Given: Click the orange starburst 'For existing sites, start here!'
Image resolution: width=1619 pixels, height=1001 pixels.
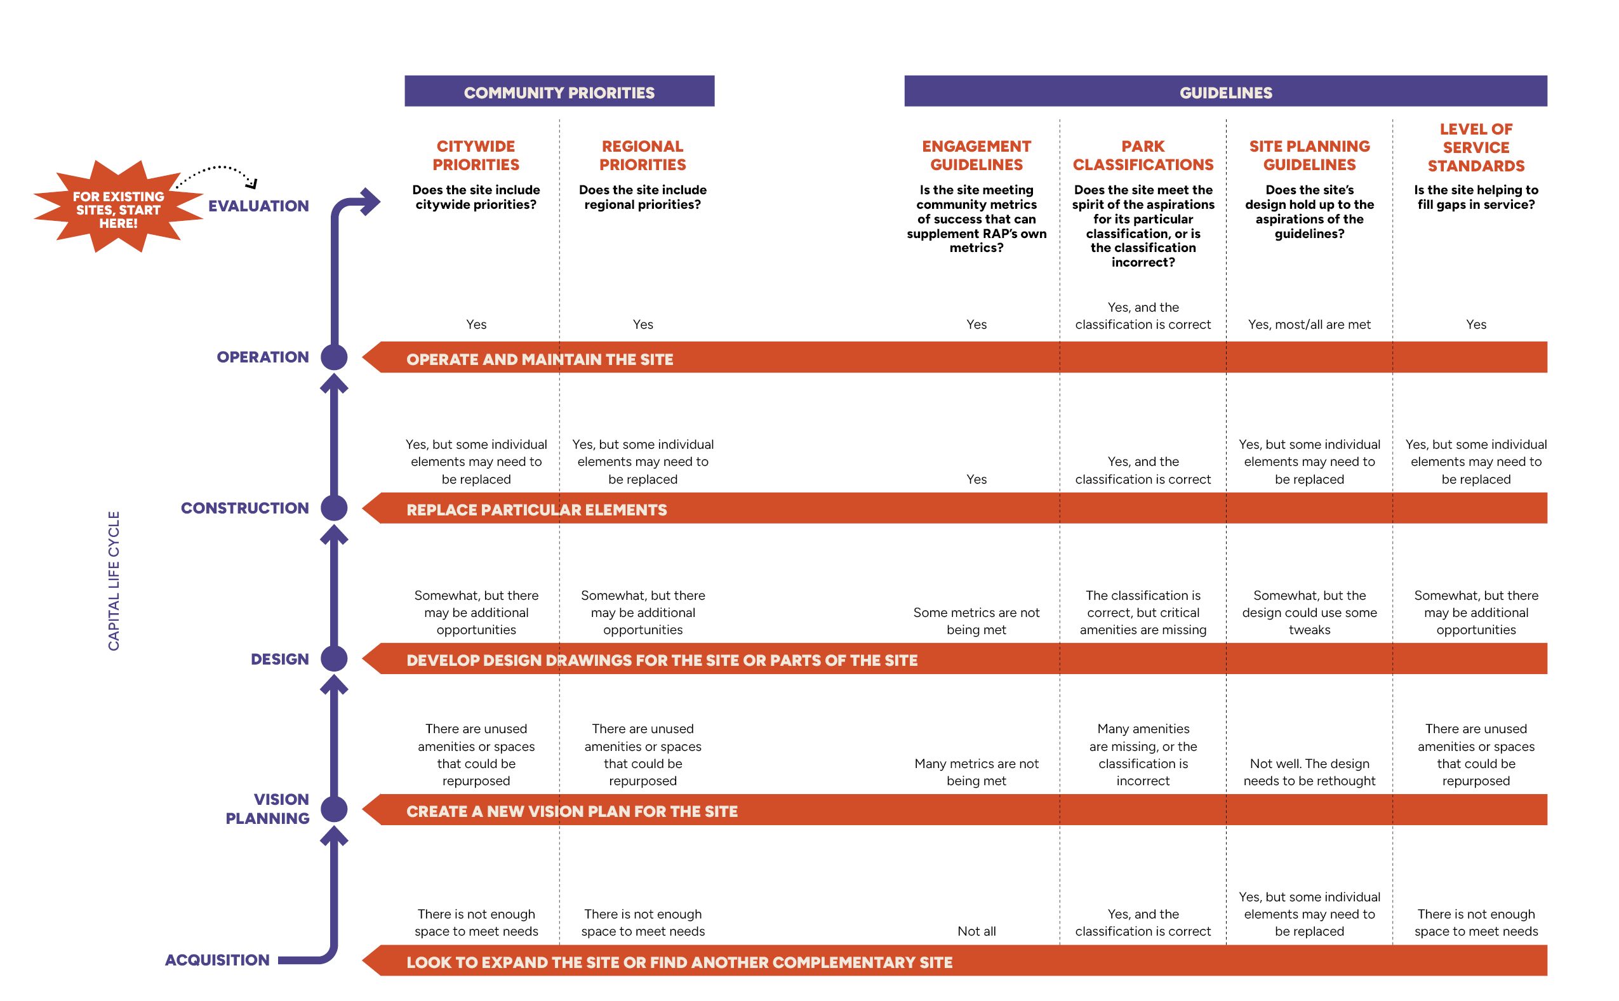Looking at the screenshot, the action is coord(119,206).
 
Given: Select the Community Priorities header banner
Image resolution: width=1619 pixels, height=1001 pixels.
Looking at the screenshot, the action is coord(559,91).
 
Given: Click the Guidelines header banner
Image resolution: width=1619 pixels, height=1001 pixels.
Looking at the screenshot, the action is coord(1225,91).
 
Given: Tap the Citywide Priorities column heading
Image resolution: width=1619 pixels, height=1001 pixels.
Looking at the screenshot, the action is coord(476,156).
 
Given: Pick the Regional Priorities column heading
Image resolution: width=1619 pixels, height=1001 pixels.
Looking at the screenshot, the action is coord(643,156).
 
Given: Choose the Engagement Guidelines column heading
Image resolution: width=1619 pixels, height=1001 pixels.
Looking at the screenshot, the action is coord(976,156).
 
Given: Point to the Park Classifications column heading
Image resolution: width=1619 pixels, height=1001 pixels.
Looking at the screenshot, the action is coord(1143,156).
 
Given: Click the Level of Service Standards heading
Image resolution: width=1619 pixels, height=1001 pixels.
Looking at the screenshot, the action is coord(1476,148).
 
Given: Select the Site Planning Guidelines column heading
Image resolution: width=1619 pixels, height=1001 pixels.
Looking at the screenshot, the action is coord(1310,156).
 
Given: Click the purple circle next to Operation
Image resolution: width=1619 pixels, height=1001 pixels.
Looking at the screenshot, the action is coord(334,357).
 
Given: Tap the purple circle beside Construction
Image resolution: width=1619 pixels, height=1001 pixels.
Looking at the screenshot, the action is coord(334,508).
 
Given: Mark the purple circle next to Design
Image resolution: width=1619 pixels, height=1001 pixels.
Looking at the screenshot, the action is coord(334,659).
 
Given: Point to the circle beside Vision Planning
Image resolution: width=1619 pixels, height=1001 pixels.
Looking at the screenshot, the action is coord(334,809).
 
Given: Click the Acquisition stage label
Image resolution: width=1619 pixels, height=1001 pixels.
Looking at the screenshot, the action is coord(217,960).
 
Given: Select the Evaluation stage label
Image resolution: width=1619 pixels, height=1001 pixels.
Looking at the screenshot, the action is coord(258,206).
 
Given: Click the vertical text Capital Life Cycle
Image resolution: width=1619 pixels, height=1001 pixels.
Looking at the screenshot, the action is coord(114,581).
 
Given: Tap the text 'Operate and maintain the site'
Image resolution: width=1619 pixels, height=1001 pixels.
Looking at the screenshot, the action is coord(540,359).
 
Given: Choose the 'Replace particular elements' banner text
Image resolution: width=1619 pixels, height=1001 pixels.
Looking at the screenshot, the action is coord(537,510).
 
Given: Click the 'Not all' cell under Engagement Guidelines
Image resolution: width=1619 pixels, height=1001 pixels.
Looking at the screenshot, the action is coord(976,931).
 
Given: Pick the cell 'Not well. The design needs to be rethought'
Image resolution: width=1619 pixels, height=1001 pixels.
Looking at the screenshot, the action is coord(1310,772).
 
